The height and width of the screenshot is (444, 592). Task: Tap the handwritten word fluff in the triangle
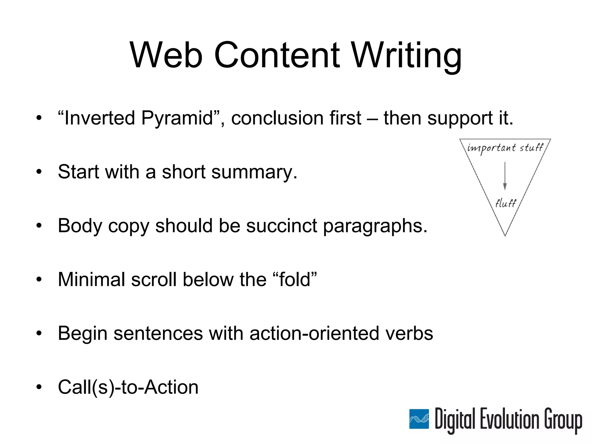click(505, 203)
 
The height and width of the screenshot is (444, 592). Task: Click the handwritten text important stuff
click(505, 148)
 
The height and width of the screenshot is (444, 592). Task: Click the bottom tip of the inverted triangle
click(505, 235)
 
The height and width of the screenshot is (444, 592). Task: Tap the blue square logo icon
click(419, 419)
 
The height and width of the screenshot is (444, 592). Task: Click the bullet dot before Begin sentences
click(39, 333)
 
